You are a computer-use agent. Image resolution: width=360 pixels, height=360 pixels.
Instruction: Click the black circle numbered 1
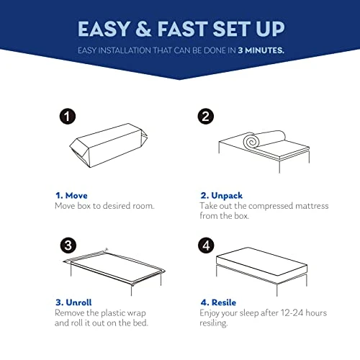68,117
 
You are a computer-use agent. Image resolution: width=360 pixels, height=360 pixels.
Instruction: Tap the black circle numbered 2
206,117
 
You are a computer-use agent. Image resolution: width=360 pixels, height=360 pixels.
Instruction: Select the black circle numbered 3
68,246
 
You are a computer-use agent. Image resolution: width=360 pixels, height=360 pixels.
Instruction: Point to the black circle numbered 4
206,246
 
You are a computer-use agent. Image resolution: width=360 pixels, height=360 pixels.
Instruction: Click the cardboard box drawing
109,145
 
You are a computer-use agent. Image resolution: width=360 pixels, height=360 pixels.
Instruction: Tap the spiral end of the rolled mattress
251,142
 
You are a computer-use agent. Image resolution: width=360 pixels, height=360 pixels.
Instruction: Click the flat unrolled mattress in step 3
115,266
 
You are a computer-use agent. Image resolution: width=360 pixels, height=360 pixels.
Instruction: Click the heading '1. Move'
71,196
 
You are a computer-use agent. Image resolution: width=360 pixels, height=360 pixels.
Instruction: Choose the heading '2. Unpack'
222,196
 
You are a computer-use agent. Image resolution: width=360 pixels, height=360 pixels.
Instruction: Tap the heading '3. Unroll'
73,302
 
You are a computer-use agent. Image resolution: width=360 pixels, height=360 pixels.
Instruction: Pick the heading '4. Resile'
218,302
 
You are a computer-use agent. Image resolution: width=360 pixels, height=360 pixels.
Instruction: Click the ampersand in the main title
143,29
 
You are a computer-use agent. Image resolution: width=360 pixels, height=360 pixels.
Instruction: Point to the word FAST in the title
183,29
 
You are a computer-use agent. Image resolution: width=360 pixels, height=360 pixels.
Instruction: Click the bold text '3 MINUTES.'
261,50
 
